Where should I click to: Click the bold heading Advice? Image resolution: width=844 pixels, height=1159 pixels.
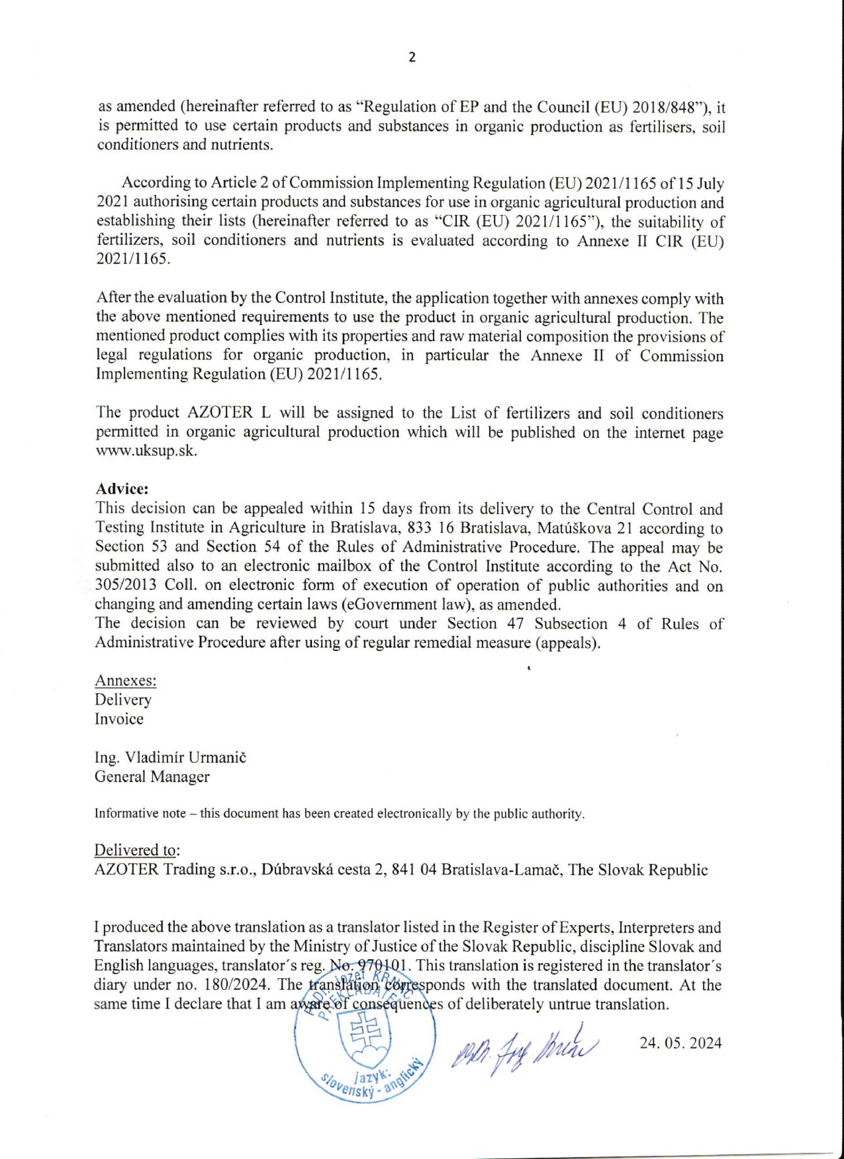tap(122, 489)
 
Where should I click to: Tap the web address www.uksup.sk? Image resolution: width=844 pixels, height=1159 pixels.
tap(146, 452)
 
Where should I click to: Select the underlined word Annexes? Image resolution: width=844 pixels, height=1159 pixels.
tap(126, 680)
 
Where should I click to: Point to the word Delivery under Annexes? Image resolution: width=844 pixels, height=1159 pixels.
tap(123, 699)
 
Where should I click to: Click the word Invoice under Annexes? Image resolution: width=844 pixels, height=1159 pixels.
tap(119, 718)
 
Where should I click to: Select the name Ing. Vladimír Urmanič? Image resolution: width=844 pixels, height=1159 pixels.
tap(170, 757)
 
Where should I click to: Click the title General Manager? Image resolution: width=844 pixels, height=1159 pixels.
tap(152, 776)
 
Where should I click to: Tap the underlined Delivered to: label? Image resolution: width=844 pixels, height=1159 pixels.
tap(137, 850)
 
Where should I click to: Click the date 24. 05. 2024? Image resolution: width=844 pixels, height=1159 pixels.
tap(681, 1043)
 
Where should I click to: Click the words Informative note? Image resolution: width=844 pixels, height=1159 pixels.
tap(140, 814)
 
